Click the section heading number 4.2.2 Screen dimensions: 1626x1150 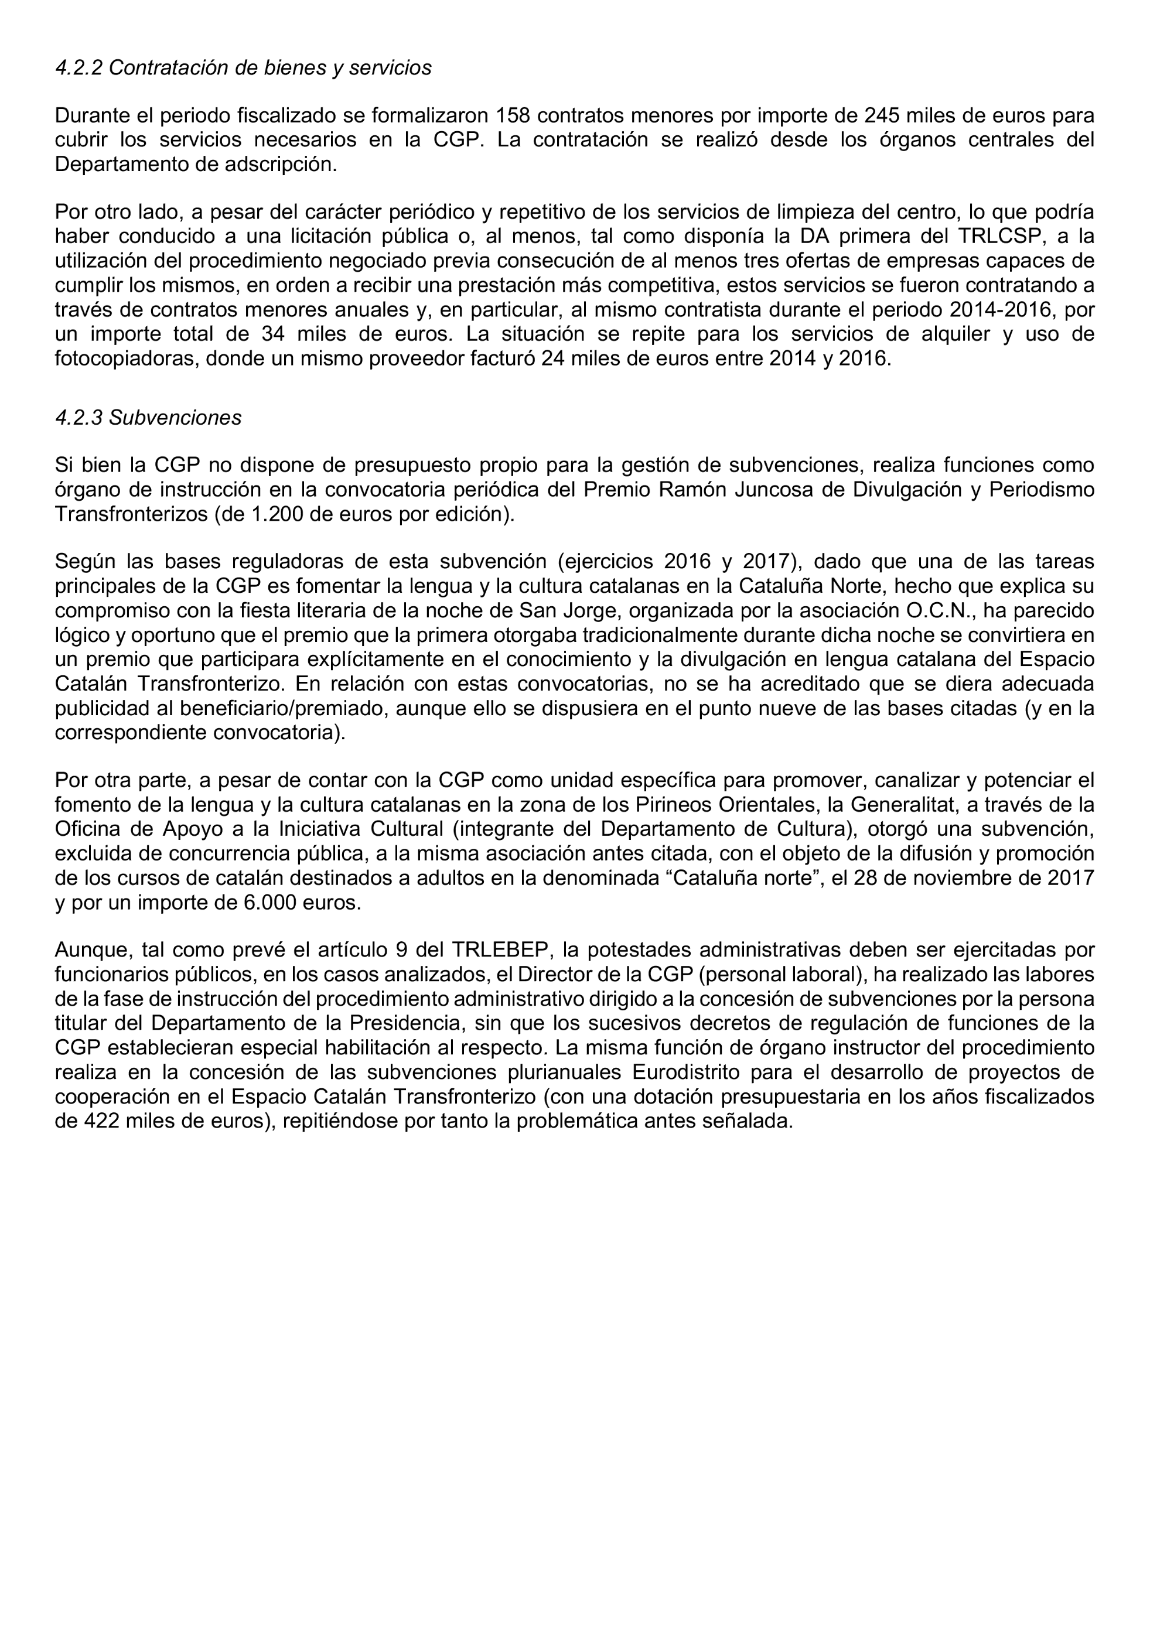(x=79, y=68)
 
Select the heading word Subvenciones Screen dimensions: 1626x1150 (x=175, y=418)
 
